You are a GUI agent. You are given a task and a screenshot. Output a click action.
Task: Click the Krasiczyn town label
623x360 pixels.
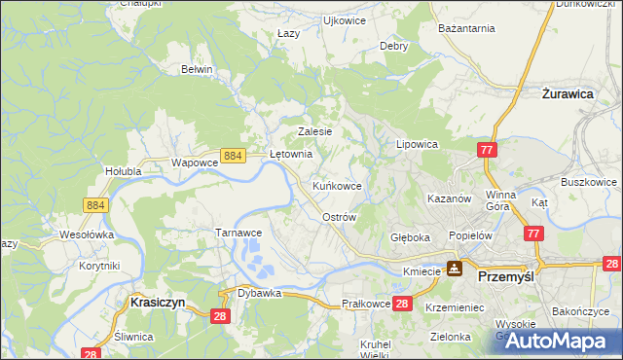tap(151, 303)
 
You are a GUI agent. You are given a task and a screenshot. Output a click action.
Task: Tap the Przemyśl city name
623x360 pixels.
tap(509, 277)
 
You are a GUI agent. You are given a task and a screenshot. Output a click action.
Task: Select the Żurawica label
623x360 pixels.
tap(567, 95)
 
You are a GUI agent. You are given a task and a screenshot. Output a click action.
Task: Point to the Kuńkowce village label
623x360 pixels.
tap(338, 185)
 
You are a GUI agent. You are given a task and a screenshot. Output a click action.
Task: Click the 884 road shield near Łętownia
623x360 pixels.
tap(232, 156)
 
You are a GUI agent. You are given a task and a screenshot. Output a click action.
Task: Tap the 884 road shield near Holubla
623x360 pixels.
tap(95, 204)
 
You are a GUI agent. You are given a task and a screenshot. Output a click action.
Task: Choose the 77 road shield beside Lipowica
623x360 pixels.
tap(487, 149)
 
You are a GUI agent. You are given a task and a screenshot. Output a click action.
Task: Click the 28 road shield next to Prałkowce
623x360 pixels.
tap(404, 305)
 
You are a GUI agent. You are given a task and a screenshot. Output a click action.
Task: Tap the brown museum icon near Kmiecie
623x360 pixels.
tap(454, 270)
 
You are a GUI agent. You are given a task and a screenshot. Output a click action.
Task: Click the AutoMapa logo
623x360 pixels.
tap(558, 340)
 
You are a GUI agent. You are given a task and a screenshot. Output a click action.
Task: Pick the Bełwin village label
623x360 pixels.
tap(197, 69)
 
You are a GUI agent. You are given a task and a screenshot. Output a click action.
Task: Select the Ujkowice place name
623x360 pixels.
tap(344, 19)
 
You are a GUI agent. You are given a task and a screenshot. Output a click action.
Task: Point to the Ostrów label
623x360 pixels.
tap(339, 217)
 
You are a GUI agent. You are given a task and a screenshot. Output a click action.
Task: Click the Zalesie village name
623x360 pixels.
tap(315, 131)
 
